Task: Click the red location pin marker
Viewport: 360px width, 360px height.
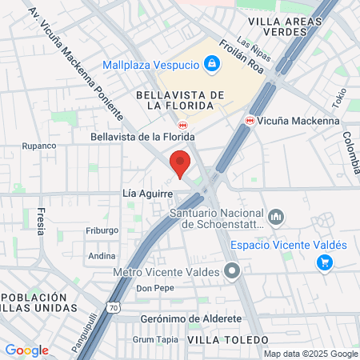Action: pos(180,164)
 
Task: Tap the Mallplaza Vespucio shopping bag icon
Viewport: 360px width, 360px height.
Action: pos(211,62)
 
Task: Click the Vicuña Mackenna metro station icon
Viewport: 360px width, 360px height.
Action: pos(250,122)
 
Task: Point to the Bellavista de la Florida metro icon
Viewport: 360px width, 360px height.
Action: pos(183,125)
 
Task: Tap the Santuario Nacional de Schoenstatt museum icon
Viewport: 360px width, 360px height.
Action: pos(276,218)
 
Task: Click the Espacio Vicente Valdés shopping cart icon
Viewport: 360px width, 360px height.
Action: pos(324,262)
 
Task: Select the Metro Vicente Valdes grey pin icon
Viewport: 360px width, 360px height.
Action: pos(233,271)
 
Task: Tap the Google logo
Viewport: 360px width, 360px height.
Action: pos(26,350)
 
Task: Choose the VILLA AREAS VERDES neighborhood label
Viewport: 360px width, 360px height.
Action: pos(278,26)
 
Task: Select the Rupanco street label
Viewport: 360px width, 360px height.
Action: pos(38,146)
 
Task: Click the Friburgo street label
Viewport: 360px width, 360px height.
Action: pos(102,230)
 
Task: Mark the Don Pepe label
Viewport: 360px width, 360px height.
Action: pos(154,288)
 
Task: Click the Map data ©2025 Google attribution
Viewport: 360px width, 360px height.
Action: pos(311,354)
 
